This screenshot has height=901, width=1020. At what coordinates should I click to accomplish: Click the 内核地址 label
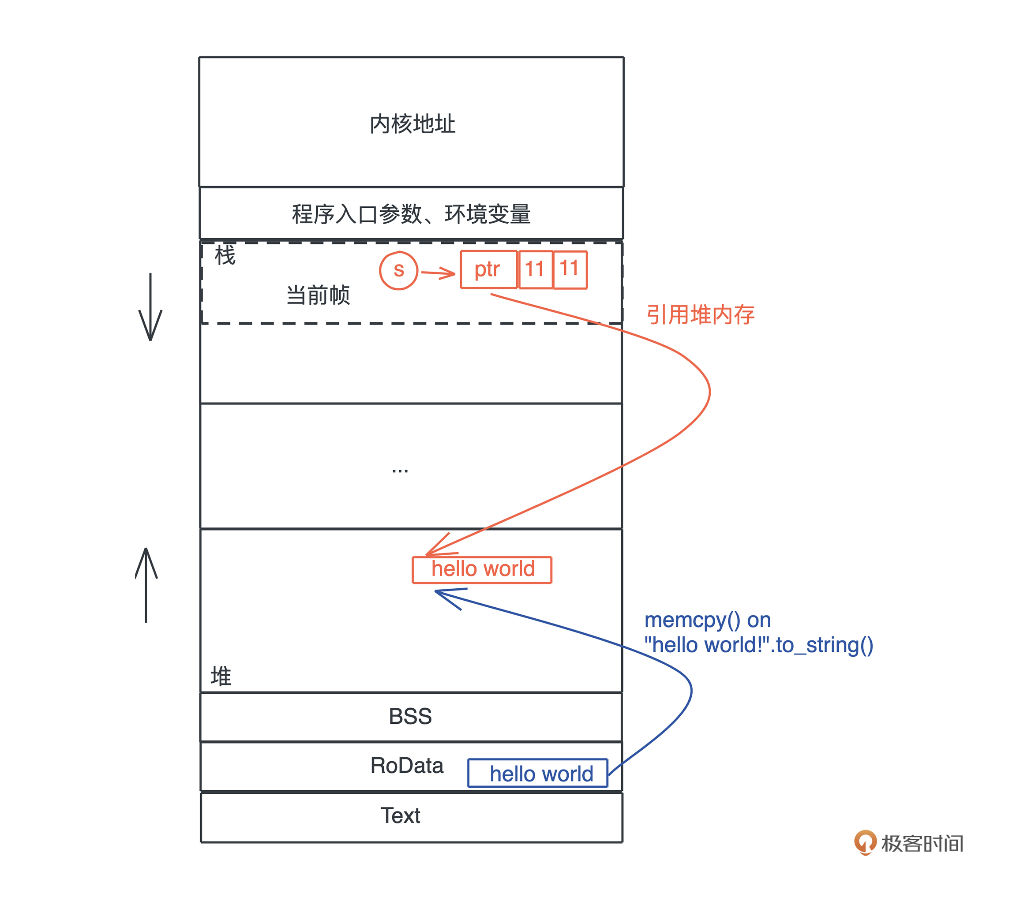[x=412, y=124]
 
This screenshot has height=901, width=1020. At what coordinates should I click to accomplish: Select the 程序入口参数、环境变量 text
[x=411, y=214]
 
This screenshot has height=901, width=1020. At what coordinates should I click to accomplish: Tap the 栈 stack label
[x=225, y=255]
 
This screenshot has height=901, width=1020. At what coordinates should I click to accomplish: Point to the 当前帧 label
[x=318, y=295]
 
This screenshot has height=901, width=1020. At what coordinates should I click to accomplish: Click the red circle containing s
[x=398, y=270]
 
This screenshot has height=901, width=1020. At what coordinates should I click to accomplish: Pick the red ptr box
[x=488, y=270]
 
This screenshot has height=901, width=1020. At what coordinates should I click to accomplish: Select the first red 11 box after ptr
[x=536, y=270]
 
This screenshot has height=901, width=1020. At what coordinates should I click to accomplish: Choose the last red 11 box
[x=570, y=269]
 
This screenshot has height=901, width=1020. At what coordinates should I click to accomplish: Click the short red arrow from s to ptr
[x=438, y=273]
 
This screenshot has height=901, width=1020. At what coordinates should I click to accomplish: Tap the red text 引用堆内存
[x=700, y=315]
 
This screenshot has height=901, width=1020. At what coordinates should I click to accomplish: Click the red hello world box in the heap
[x=482, y=569]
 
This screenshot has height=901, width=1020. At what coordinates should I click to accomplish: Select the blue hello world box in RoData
[x=537, y=773]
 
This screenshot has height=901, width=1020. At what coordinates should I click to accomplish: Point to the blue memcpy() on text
[x=708, y=620]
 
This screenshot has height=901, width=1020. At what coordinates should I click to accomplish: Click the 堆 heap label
[x=221, y=676]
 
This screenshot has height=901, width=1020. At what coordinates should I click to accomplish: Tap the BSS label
[x=410, y=716]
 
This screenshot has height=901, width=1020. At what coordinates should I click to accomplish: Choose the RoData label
[x=407, y=765]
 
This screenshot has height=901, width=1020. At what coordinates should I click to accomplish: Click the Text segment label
[x=400, y=816]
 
